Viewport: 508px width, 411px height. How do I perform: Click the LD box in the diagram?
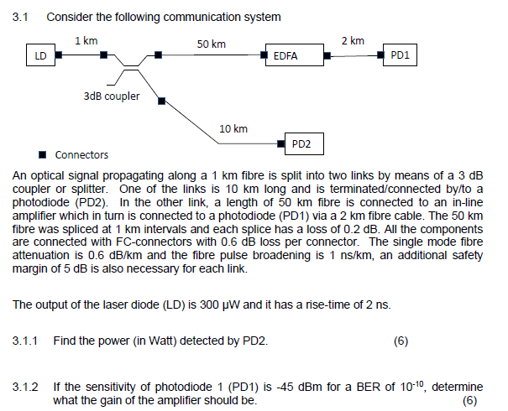[x=39, y=56]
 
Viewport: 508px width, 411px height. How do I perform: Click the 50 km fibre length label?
[x=211, y=43]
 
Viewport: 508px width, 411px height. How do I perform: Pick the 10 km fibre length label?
[x=233, y=128]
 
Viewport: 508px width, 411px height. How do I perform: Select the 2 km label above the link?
[x=353, y=40]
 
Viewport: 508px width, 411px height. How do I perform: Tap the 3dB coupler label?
[x=112, y=96]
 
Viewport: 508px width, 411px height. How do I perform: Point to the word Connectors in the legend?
[x=81, y=155]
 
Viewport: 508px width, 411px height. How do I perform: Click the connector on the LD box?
[x=59, y=56]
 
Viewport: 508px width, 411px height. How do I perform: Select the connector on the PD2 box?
[x=283, y=143]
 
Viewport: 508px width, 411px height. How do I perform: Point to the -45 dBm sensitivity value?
[x=311, y=387]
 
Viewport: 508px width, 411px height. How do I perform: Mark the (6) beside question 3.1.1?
[x=400, y=341]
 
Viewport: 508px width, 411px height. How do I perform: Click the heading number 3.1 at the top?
[x=22, y=17]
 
